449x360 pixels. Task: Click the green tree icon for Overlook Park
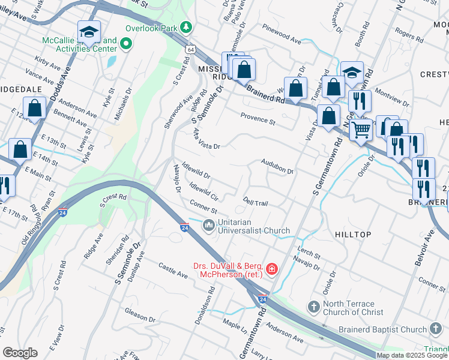tap(187, 28)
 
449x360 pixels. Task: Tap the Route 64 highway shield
tap(190, 48)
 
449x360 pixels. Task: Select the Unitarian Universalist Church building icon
tap(209, 225)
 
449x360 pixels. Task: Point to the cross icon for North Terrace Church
tap(313, 307)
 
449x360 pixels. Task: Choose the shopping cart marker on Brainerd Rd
tap(360, 128)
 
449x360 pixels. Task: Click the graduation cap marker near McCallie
tap(89, 32)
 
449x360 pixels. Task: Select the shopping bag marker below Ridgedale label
tap(35, 108)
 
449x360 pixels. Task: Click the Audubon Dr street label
tap(277, 166)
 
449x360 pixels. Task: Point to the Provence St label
tap(258, 119)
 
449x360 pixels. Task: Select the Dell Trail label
tap(255, 203)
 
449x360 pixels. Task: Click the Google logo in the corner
tap(20, 353)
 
